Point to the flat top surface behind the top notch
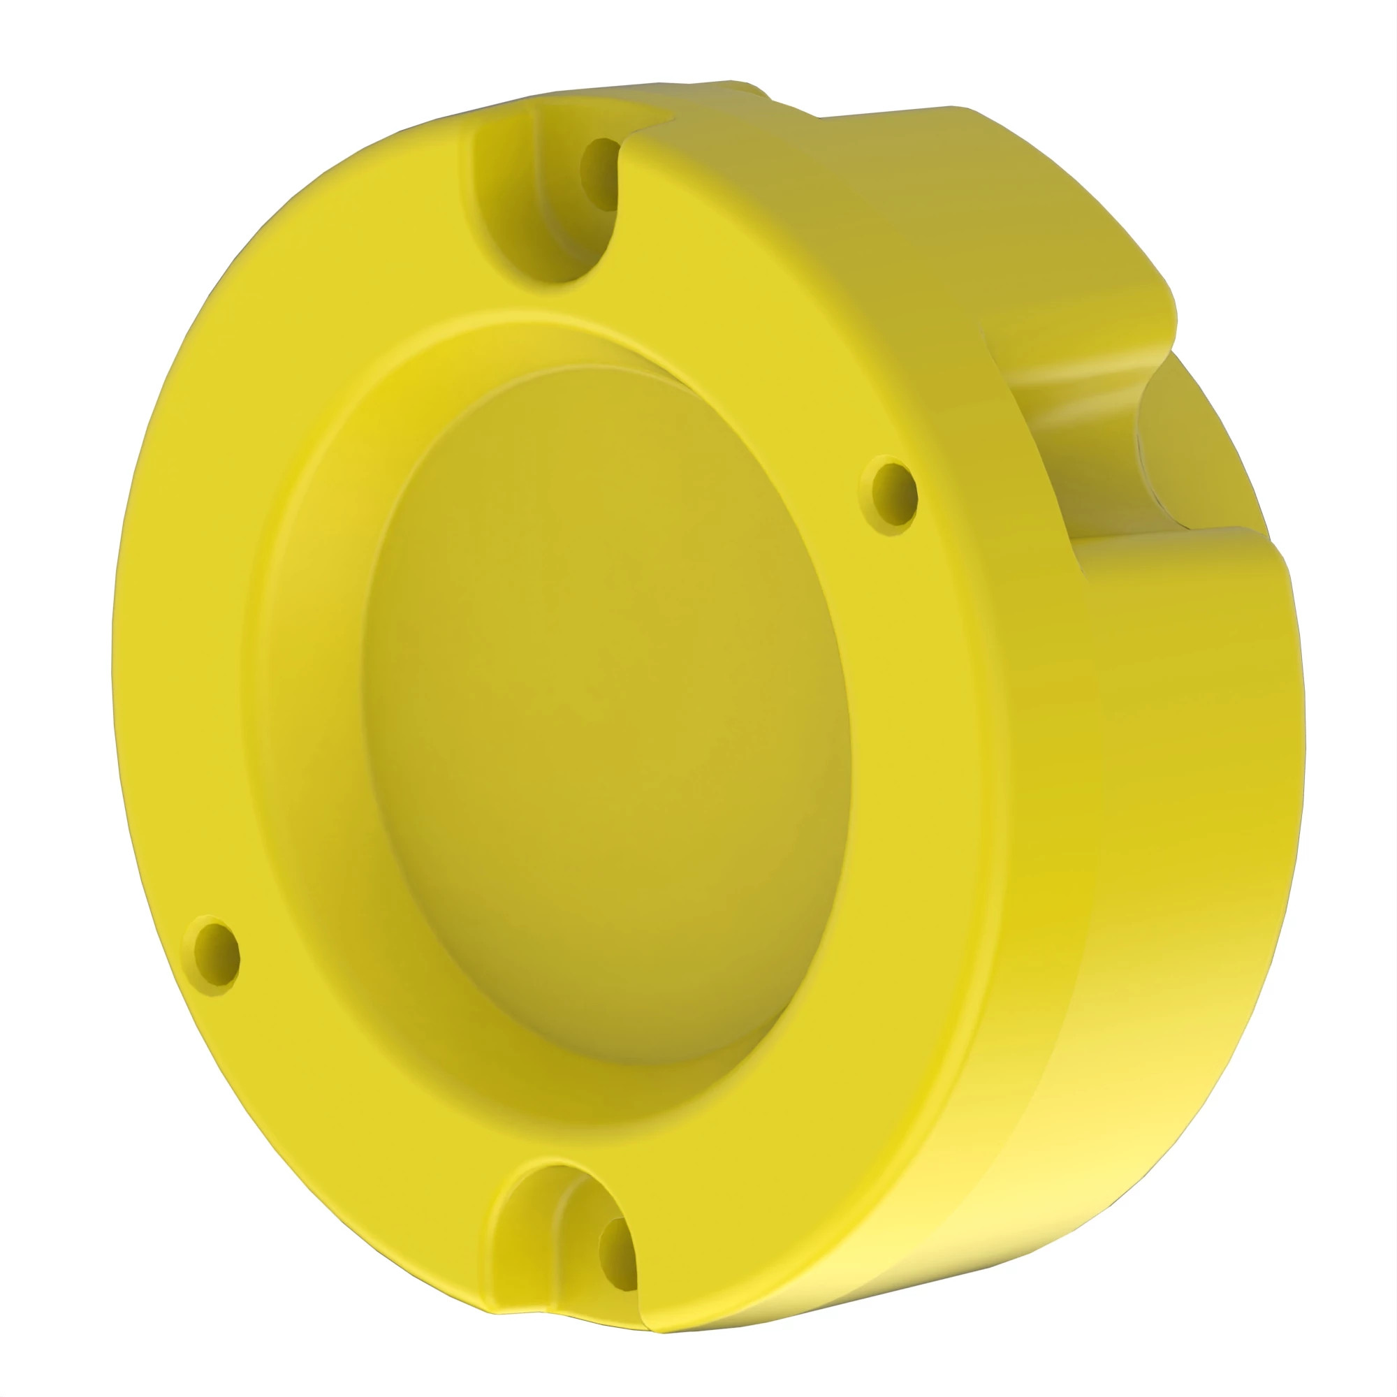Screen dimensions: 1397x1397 coord(868,145)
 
